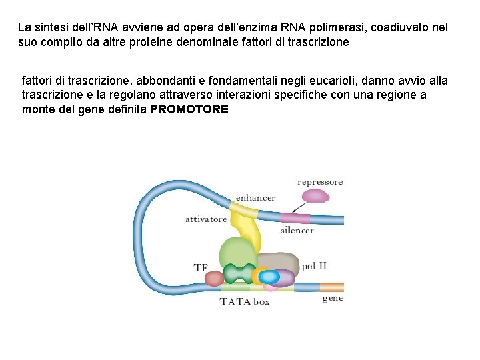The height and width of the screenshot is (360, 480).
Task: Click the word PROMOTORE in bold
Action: (189, 109)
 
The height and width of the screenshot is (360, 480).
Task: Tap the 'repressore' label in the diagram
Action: (320, 181)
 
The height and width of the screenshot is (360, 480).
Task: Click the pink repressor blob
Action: (315, 196)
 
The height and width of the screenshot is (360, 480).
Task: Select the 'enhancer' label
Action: (255, 198)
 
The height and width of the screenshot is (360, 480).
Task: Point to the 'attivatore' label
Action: (206, 219)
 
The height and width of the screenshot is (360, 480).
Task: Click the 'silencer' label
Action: (297, 231)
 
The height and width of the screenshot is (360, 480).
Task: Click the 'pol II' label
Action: (314, 265)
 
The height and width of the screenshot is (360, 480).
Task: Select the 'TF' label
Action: (201, 268)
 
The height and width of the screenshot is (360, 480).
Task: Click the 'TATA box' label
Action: (245, 301)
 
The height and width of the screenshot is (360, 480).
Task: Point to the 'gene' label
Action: (333, 298)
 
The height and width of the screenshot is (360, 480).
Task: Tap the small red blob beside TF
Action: (215, 278)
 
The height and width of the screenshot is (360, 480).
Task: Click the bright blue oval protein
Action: (269, 276)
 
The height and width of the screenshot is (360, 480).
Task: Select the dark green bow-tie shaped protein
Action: (239, 273)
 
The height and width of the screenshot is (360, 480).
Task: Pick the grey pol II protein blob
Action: (277, 261)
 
